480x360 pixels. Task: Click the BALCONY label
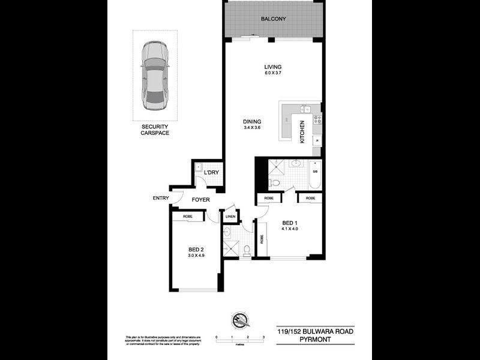273,19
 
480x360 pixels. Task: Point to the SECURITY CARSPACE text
155,130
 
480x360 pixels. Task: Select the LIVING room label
273,67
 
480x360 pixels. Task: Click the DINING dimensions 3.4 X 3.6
252,128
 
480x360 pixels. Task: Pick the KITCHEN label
302,131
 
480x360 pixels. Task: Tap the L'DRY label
211,173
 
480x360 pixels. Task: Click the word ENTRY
161,198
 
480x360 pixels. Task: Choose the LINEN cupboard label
230,217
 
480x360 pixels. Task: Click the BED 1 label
289,223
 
